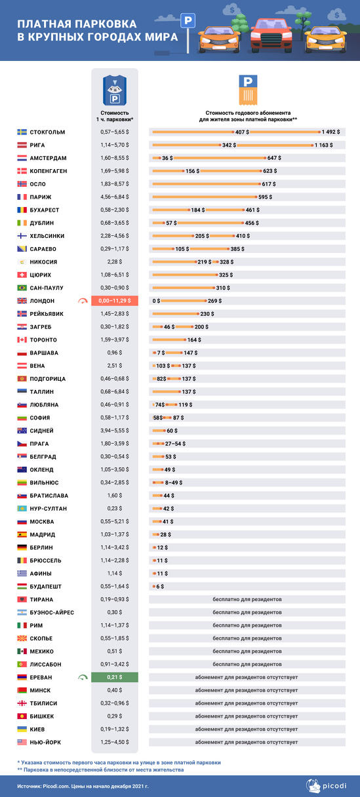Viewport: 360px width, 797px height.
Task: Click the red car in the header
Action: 271,34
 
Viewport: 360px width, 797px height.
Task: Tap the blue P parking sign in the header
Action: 188,20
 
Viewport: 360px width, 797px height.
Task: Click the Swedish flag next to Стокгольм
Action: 22,132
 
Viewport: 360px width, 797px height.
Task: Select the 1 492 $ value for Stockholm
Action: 330,132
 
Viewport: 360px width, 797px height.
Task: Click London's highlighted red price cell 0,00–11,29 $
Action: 115,301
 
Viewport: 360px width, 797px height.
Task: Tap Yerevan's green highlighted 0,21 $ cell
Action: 115,677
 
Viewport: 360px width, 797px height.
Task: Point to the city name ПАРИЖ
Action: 41,197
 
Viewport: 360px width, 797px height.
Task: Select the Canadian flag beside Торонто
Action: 22,340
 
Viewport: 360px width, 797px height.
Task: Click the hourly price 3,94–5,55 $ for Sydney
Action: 115,431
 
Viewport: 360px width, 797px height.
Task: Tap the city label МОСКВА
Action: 42,522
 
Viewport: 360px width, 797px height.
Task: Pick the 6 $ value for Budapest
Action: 160,587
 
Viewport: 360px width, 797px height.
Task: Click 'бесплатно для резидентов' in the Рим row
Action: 247,625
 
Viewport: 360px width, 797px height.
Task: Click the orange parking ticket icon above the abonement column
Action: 248,90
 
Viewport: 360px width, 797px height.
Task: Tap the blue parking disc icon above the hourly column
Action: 115,90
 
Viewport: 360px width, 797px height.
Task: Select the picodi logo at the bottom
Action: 326,786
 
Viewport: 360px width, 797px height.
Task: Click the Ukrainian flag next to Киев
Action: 22,729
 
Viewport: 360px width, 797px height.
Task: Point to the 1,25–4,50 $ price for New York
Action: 115,742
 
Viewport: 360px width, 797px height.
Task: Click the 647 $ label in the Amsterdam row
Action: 274,158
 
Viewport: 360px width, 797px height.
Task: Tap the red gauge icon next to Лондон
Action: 83,301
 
